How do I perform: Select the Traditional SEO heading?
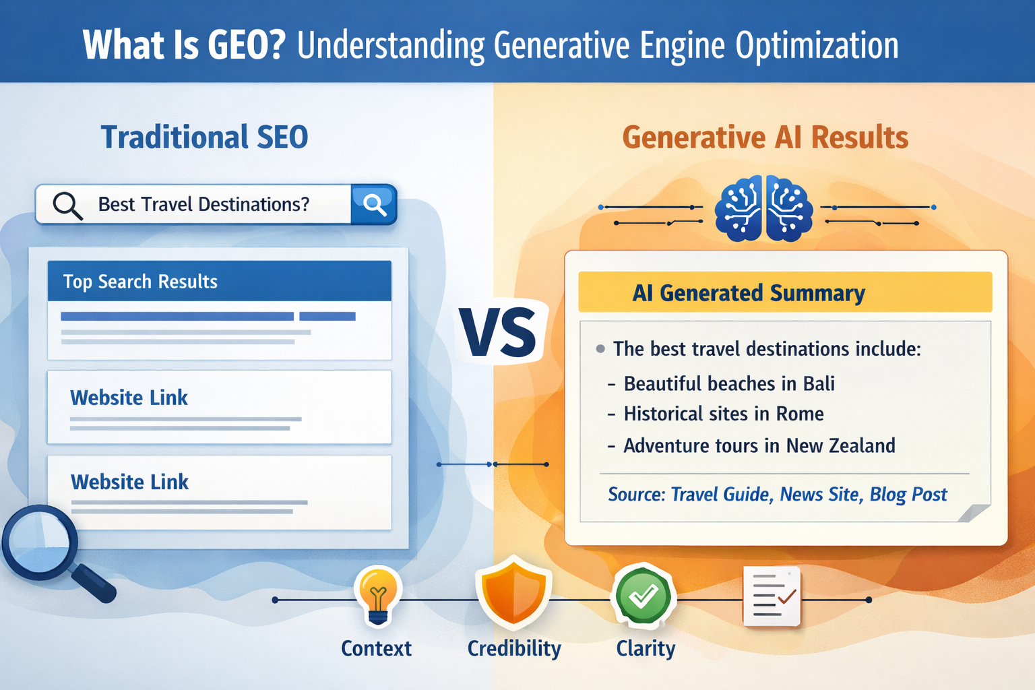coord(204,137)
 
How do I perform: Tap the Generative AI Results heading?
coord(765,137)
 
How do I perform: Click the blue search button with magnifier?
coord(374,203)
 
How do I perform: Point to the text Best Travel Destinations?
coord(203,204)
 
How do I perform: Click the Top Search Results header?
coord(140,281)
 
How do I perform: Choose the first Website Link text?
coord(129,398)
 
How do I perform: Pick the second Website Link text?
coord(129,482)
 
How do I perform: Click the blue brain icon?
coord(763,208)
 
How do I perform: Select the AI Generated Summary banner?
coord(784,292)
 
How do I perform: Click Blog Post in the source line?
coord(908,495)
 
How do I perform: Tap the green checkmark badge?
coord(643,596)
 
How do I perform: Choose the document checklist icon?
coord(772,596)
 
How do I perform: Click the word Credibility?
coord(514,648)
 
